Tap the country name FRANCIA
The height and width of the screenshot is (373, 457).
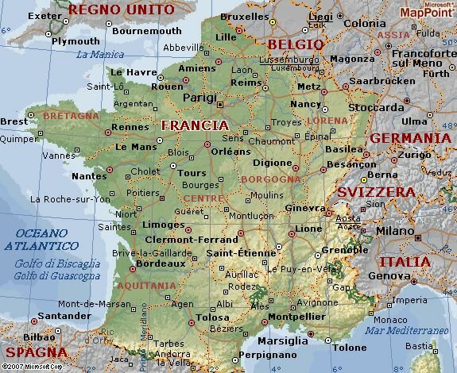pyautogui.click(x=195, y=125)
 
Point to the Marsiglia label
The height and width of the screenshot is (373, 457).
pyautogui.click(x=284, y=341)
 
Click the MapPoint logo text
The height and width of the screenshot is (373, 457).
pyautogui.click(x=427, y=12)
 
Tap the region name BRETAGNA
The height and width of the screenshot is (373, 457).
pyautogui.click(x=71, y=116)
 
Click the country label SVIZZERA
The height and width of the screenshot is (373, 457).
pyautogui.click(x=376, y=192)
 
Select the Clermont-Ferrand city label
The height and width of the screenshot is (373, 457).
pyautogui.click(x=190, y=239)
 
